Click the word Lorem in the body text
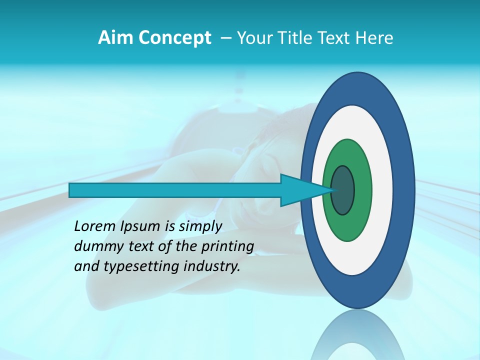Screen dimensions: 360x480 pos(94,226)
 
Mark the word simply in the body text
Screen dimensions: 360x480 pos(200,226)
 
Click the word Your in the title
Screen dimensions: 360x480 pos(253,38)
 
